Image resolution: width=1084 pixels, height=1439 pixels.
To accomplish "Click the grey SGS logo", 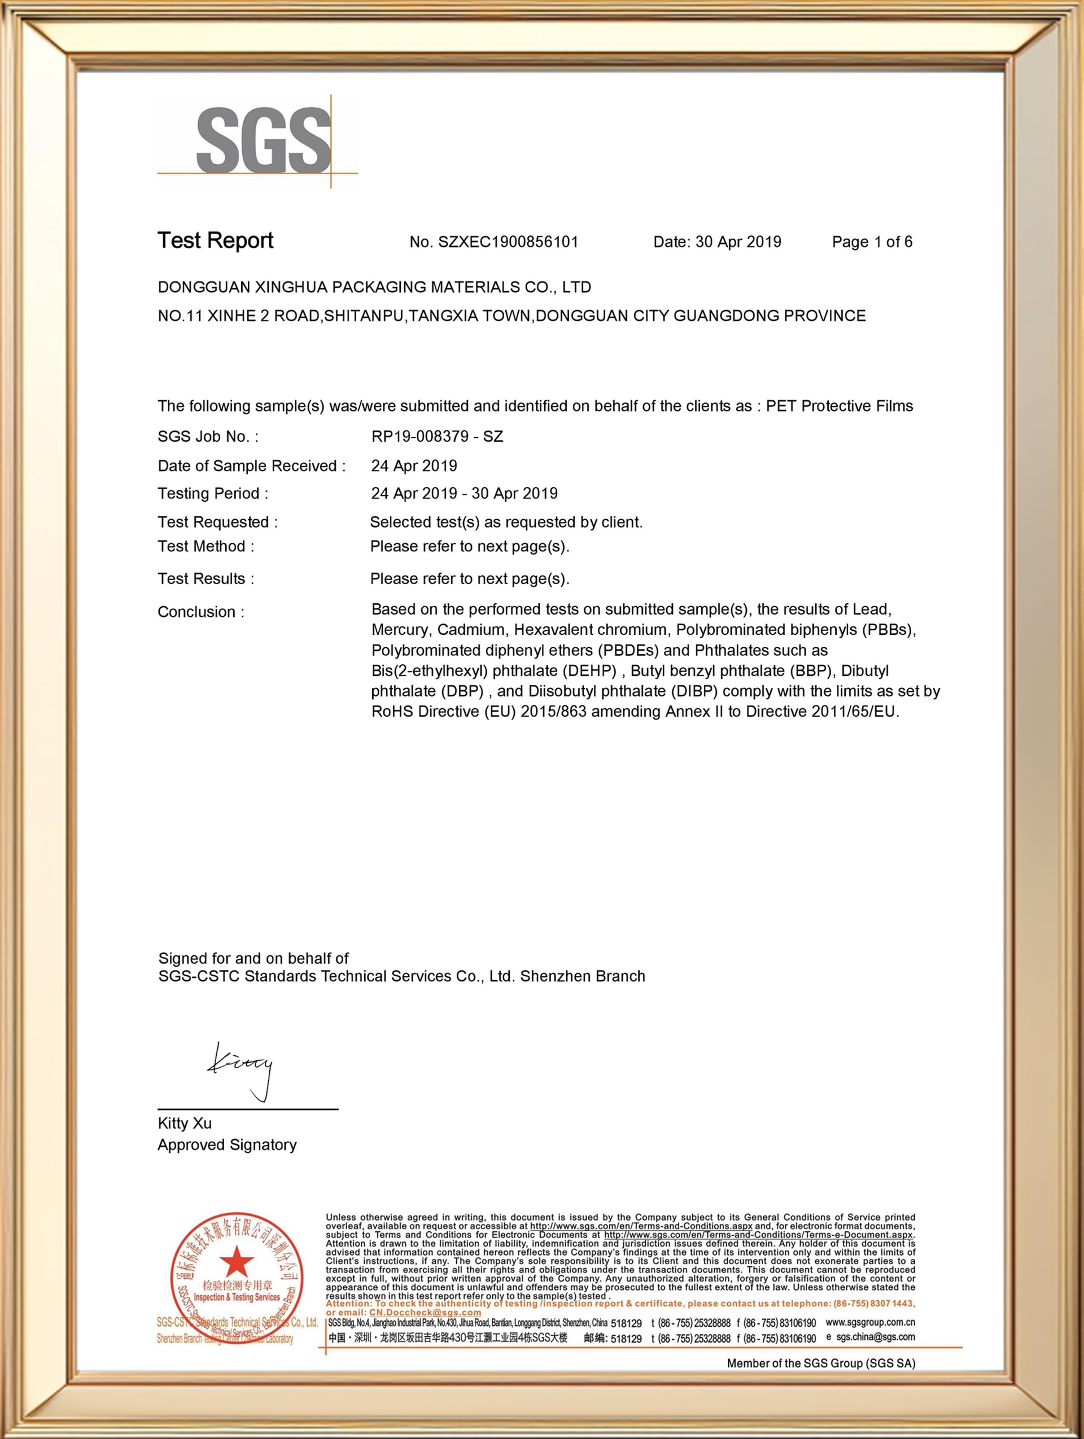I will [x=264, y=141].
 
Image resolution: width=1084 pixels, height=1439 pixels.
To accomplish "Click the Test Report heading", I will [x=215, y=241].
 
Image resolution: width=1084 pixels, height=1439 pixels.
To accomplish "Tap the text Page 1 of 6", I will [x=872, y=242].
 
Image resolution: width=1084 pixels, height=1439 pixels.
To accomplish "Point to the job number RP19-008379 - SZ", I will [x=437, y=437].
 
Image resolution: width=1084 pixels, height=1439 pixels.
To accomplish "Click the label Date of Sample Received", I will [x=251, y=466].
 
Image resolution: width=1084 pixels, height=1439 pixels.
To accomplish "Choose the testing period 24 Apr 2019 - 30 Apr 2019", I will [x=464, y=494].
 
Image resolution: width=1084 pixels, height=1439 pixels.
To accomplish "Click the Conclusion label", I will [x=200, y=612].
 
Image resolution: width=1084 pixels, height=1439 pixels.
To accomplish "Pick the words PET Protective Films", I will [x=840, y=406].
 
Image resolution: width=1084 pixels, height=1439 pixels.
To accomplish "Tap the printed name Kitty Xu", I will [x=184, y=1124].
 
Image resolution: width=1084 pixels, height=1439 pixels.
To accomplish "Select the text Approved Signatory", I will [x=227, y=1145].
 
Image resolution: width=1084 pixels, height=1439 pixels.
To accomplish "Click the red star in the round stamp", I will [x=237, y=1262].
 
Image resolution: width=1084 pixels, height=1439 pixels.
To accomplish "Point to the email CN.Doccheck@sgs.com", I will [x=425, y=1313].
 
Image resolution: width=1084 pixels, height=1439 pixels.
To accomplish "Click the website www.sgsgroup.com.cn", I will [x=870, y=1322].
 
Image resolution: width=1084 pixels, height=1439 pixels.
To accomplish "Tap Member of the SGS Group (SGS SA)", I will [x=820, y=1363].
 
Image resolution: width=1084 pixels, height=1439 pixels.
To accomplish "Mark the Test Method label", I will [x=206, y=546].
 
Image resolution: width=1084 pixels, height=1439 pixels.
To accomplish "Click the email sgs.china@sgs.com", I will [x=875, y=1337].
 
